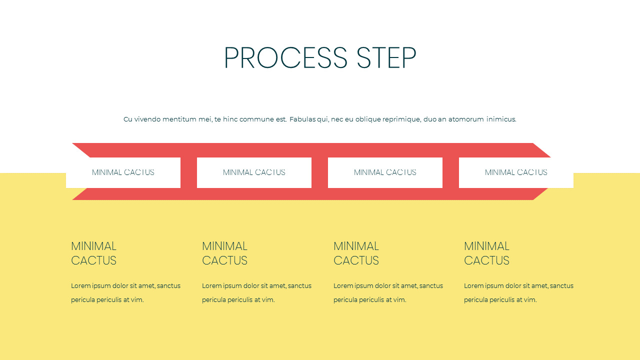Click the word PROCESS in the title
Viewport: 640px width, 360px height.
pyautogui.click(x=285, y=58)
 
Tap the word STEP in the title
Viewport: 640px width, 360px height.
pyautogui.click(x=386, y=58)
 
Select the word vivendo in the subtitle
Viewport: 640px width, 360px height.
pyautogui.click(x=147, y=119)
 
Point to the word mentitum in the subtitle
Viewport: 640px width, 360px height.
pyautogui.click(x=187, y=119)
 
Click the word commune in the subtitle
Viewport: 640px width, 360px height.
pyautogui.click(x=257, y=119)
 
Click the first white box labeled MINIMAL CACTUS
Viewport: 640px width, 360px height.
pyautogui.click(x=123, y=172)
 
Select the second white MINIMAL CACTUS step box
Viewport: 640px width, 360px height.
pyautogui.click(x=254, y=172)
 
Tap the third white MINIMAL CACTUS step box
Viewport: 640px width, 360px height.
pyautogui.click(x=385, y=172)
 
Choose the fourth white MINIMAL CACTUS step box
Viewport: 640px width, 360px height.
pyautogui.click(x=516, y=172)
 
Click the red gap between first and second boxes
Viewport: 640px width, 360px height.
pyautogui.click(x=188, y=172)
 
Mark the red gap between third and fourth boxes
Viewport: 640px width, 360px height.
pyautogui.click(x=450, y=172)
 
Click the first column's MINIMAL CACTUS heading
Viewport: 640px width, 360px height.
pyautogui.click(x=93, y=253)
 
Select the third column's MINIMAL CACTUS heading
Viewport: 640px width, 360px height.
pyautogui.click(x=356, y=253)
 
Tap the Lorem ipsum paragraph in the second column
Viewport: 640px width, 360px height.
pyautogui.click(x=256, y=292)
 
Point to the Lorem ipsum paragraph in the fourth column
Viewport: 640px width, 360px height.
pyautogui.click(x=518, y=292)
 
